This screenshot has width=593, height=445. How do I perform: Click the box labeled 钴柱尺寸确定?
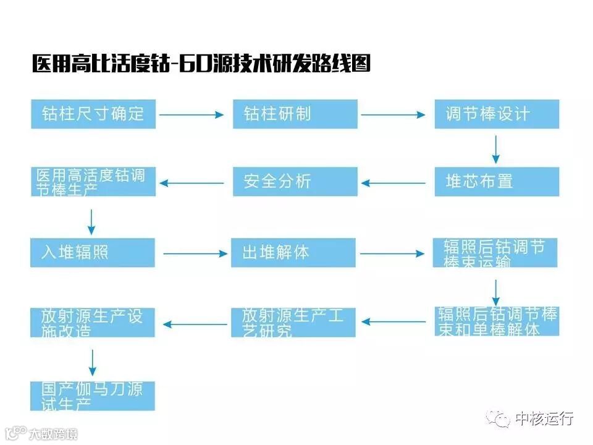click(93, 114)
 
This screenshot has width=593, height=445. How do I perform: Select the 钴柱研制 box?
click(295, 114)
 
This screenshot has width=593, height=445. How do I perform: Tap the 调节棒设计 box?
click(497, 114)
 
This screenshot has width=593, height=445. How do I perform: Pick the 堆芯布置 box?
click(497, 182)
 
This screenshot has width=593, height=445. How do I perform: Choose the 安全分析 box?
click(295, 182)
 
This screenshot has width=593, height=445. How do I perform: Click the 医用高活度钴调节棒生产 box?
click(93, 182)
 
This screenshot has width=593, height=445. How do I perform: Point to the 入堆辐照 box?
click(93, 253)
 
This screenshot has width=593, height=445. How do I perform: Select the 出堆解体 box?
click(293, 253)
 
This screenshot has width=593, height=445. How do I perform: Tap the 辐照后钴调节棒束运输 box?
click(495, 253)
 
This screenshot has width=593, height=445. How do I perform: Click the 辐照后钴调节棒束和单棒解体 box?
click(497, 321)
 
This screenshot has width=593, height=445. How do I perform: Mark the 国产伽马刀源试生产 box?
click(93, 396)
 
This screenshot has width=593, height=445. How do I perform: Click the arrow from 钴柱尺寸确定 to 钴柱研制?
click(191, 114)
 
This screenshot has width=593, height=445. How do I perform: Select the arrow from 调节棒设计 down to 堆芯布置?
click(495, 149)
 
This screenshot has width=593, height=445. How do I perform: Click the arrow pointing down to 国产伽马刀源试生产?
click(92, 362)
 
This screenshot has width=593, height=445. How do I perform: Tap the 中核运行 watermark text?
click(544, 418)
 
